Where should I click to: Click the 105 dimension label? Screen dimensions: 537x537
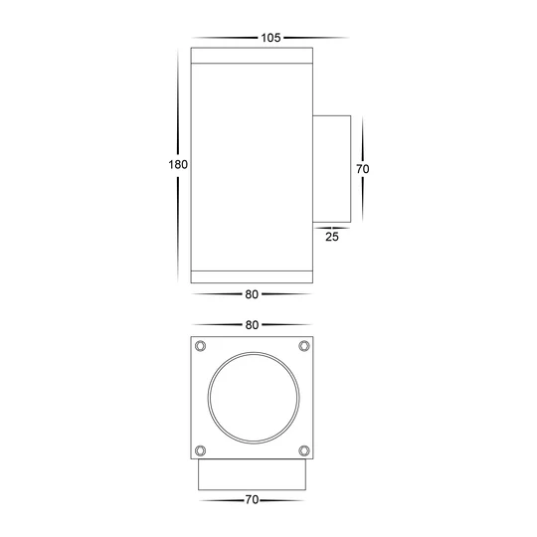point(268,38)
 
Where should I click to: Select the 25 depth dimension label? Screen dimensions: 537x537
point(331,237)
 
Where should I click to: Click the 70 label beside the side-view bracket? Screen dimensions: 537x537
point(363,170)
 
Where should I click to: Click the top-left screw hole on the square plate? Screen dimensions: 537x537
point(202,346)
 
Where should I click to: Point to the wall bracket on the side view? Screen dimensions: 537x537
point(333,169)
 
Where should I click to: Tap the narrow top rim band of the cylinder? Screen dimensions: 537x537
point(252,56)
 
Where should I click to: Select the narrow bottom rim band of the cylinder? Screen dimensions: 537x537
point(252,275)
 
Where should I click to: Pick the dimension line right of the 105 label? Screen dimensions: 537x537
point(316,38)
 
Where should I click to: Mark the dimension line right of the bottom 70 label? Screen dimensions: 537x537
point(283,499)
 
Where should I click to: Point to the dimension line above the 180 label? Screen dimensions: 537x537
point(179,99)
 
